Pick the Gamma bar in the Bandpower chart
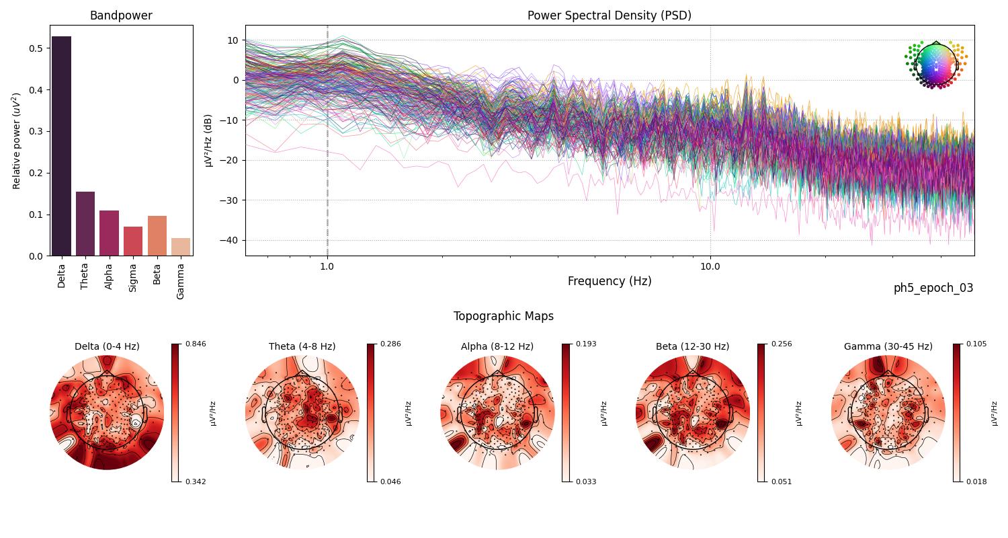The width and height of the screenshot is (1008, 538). pyautogui.click(x=181, y=247)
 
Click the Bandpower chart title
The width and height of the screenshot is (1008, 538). pyautogui.click(x=121, y=15)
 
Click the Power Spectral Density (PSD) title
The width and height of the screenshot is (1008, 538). pyautogui.click(x=609, y=15)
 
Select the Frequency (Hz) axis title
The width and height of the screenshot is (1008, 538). pyautogui.click(x=609, y=281)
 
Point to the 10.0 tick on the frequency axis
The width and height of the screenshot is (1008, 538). pyautogui.click(x=710, y=266)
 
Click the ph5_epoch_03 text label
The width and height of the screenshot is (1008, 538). pyautogui.click(x=933, y=288)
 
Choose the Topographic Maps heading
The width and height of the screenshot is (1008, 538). pyautogui.click(x=503, y=316)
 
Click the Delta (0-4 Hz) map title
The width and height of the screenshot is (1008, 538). pyautogui.click(x=107, y=346)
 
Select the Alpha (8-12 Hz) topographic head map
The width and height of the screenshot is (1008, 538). pyautogui.click(x=497, y=413)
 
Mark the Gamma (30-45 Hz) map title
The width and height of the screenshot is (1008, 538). pyautogui.click(x=888, y=346)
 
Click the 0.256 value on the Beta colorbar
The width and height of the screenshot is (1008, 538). pyautogui.click(x=782, y=344)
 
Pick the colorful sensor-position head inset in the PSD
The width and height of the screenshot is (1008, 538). pyautogui.click(x=935, y=65)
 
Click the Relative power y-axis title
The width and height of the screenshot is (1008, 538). pyautogui.click(x=17, y=141)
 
